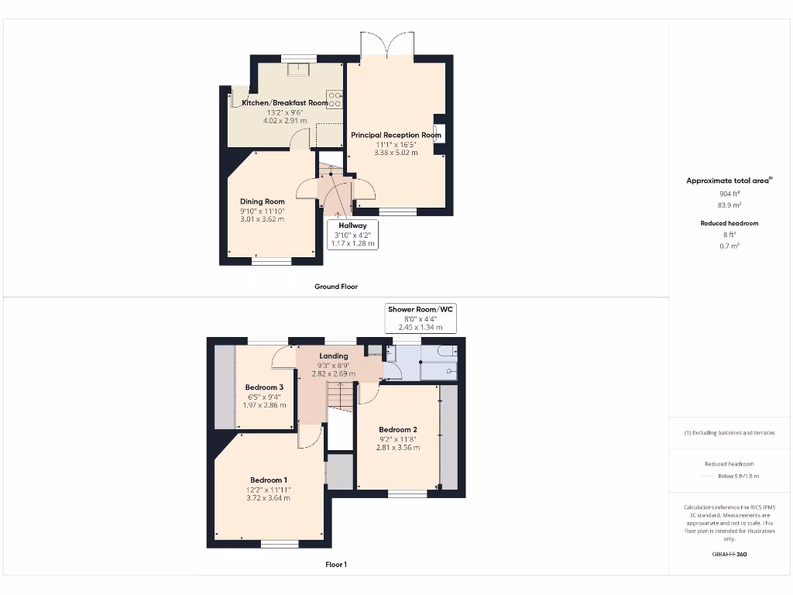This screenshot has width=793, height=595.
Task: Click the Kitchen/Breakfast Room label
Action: pos(285,103)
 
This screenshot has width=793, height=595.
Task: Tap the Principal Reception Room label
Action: pos(396,135)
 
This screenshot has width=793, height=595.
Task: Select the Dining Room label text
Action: pos(263,201)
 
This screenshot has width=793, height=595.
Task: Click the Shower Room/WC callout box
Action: pos(421,318)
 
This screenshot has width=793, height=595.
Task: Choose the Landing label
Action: pos(334,356)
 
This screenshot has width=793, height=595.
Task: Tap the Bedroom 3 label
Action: pos(264,387)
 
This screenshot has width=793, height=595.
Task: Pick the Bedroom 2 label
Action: pos(398,430)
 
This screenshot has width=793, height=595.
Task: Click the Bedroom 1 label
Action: pos(269,480)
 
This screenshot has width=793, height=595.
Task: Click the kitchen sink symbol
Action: pos(298,71)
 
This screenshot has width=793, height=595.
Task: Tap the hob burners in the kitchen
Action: pos(335,99)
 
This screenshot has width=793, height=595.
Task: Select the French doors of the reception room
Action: pos(387,44)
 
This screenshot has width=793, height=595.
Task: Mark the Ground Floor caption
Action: pos(336,287)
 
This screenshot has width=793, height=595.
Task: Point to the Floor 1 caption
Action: pos(336,565)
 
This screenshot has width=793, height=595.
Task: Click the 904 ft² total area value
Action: pos(729,194)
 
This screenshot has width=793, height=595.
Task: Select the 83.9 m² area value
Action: pos(729,205)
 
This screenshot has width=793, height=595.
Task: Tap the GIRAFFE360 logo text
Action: pos(729,554)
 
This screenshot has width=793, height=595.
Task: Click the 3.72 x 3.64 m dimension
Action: pos(269,497)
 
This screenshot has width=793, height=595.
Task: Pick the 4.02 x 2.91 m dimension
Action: pos(285,121)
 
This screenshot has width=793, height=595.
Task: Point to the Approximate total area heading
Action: pos(729,181)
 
